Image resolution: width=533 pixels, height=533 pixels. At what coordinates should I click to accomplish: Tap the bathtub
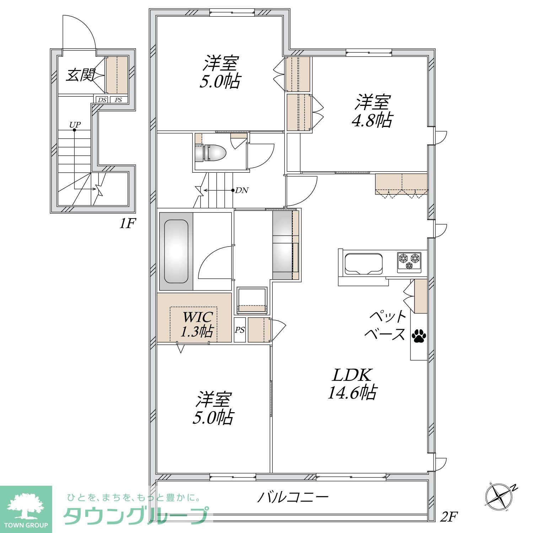[x=176, y=251]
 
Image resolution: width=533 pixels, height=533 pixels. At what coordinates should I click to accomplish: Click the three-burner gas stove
[x=409, y=262]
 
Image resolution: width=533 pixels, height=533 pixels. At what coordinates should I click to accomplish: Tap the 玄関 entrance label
[x=81, y=75]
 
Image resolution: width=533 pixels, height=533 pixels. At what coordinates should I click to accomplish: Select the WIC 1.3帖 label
[x=198, y=324]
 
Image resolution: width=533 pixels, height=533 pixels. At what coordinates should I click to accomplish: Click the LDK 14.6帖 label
[x=352, y=384]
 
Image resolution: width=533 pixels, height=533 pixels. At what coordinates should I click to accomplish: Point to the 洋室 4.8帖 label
[x=372, y=111]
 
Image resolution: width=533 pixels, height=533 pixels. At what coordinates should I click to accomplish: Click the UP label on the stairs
[x=75, y=125]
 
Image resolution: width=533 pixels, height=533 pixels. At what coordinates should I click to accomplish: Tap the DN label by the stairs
[x=242, y=190]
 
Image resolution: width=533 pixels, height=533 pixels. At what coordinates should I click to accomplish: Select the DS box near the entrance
[x=102, y=100]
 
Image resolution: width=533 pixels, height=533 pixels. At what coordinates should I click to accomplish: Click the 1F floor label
[x=127, y=224]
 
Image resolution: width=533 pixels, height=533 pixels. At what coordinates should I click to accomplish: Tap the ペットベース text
[x=388, y=325]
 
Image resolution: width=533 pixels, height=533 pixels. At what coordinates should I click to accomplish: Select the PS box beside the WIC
[x=240, y=330]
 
